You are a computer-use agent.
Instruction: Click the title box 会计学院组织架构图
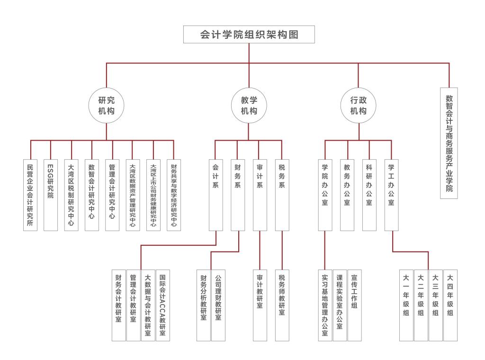[x=249, y=35]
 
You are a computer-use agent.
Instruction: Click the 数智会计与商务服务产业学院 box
[x=449, y=143]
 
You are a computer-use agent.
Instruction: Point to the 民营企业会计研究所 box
[x=30, y=194]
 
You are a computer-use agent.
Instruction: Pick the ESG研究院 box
[x=51, y=194]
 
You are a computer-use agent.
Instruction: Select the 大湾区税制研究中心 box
[x=71, y=194]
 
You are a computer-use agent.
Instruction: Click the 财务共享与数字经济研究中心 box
[x=174, y=194]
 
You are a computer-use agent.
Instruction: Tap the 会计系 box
[x=216, y=194]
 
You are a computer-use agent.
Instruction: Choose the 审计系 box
[x=260, y=194]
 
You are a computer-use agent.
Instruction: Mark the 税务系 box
[x=282, y=194]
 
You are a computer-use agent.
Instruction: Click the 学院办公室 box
[x=325, y=194]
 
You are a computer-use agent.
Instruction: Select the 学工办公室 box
[x=391, y=194]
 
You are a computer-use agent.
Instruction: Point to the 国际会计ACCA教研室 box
[x=162, y=305]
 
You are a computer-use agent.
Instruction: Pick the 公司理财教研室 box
[x=218, y=305]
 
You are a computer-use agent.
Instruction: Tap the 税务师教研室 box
[x=282, y=305]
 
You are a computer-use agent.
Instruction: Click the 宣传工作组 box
[x=354, y=305]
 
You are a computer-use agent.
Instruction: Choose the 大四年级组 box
[x=450, y=305]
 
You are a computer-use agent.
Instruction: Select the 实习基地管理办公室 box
[x=325, y=305]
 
